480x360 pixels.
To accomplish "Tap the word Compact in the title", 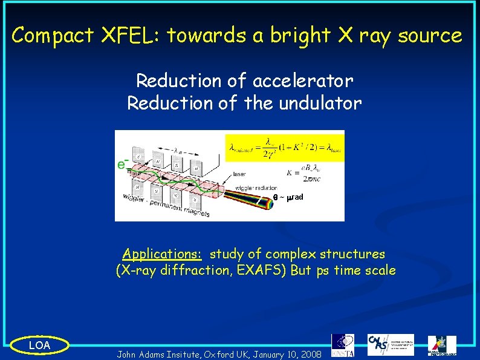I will click(x=53, y=36).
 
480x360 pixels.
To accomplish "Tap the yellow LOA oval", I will click(x=40, y=345).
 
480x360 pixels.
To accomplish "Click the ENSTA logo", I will click(x=343, y=345).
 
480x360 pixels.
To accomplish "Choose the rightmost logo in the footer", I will click(x=442, y=345).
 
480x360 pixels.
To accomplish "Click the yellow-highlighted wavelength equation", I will click(x=284, y=146).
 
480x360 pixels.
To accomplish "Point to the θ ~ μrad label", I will click(x=288, y=198).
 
